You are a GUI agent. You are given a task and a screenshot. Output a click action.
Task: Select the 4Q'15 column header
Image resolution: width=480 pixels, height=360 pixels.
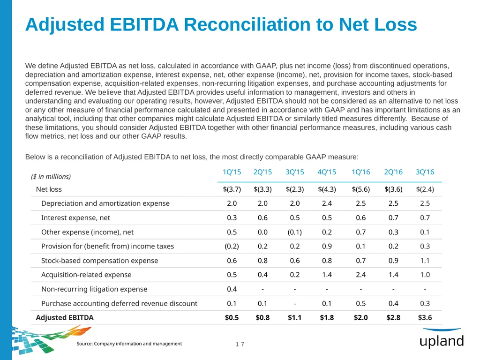327,172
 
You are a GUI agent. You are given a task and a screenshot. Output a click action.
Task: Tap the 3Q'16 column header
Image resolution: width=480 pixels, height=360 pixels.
425,172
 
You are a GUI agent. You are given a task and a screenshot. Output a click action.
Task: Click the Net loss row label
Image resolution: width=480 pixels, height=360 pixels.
49,189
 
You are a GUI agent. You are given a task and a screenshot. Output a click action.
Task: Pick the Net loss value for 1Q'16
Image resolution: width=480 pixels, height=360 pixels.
360,189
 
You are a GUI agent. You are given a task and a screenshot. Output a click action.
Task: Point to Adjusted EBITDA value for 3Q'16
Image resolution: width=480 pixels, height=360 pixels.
425,317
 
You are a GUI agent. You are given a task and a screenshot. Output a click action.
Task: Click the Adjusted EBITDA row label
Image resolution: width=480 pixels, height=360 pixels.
65,317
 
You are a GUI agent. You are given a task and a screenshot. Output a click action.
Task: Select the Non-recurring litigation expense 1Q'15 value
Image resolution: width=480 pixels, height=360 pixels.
232,289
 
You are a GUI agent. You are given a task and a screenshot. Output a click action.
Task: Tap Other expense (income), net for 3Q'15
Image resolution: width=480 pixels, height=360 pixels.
294,232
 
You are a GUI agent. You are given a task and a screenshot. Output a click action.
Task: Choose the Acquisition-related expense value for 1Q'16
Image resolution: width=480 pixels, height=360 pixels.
360,275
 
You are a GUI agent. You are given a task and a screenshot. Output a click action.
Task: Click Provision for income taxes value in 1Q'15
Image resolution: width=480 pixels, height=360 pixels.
232,246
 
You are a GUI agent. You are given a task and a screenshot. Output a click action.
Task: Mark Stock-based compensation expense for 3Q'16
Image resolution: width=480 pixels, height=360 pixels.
425,261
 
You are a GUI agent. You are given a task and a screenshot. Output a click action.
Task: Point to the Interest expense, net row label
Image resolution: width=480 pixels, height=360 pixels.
75,217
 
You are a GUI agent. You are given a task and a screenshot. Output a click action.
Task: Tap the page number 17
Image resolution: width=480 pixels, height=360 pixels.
240,344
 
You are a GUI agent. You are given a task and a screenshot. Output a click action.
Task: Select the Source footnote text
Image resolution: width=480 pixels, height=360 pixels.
129,344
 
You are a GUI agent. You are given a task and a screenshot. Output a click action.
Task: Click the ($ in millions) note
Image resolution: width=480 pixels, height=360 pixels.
51,177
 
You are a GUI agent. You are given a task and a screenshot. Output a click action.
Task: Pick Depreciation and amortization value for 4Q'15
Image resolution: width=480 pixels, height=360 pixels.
327,203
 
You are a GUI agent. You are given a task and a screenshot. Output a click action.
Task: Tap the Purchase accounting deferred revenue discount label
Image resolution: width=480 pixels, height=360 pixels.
120,303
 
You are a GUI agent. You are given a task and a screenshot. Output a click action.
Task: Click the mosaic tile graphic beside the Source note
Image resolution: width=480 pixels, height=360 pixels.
46,339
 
